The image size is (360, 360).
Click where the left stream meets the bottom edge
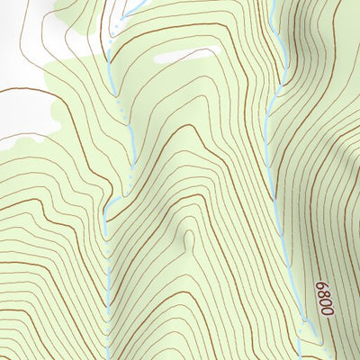point(108,358)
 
